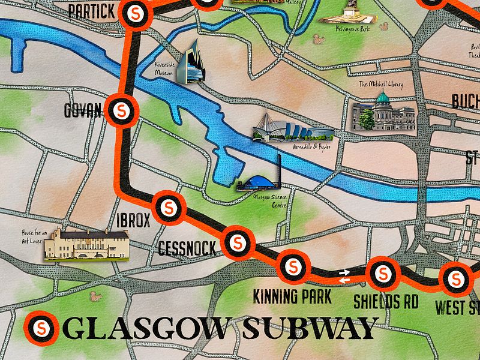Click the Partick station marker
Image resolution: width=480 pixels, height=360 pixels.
click(134, 12)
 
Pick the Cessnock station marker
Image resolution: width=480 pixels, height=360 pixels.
click(237, 242)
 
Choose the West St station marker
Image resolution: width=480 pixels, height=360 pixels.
click(456, 278)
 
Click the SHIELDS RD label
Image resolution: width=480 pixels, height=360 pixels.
click(385, 301)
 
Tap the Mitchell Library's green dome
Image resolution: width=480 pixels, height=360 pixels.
click(383, 97)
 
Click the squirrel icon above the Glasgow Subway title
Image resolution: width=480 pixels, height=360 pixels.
click(94, 296)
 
